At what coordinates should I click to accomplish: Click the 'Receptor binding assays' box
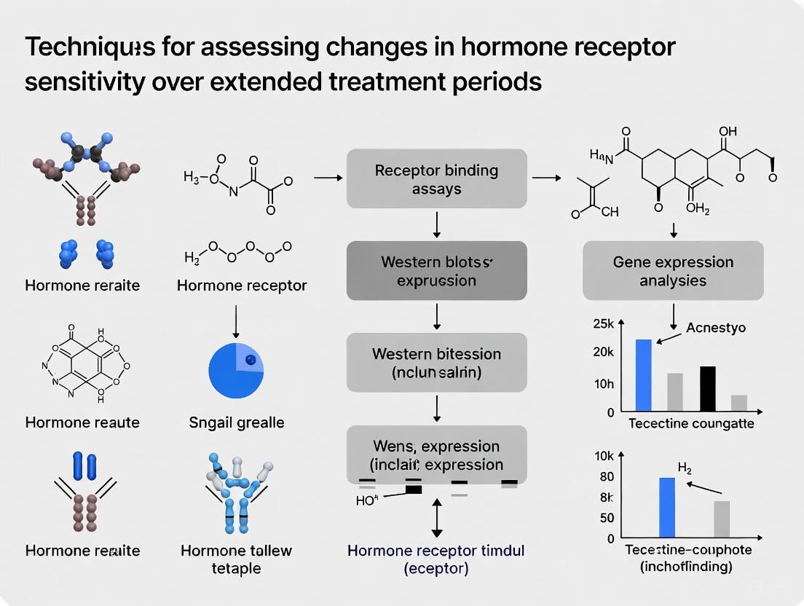(436, 179)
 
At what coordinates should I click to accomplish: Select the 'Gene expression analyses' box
(673, 271)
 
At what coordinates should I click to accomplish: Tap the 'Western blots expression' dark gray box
(436, 271)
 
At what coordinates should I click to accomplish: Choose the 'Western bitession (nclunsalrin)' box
(436, 363)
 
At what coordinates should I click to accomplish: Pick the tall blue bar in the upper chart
(644, 374)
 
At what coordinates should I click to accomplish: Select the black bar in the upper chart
(707, 388)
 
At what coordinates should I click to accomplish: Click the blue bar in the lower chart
(667, 508)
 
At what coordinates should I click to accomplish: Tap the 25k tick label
(605, 323)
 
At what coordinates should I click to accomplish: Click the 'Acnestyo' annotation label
(716, 328)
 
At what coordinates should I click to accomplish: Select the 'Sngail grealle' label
(236, 422)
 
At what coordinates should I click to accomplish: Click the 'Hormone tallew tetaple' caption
(236, 559)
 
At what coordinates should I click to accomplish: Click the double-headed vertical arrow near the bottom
(436, 519)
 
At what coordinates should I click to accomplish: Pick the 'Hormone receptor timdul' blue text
(436, 551)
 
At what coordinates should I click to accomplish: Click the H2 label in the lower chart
(685, 468)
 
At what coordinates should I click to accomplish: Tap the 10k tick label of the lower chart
(605, 457)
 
